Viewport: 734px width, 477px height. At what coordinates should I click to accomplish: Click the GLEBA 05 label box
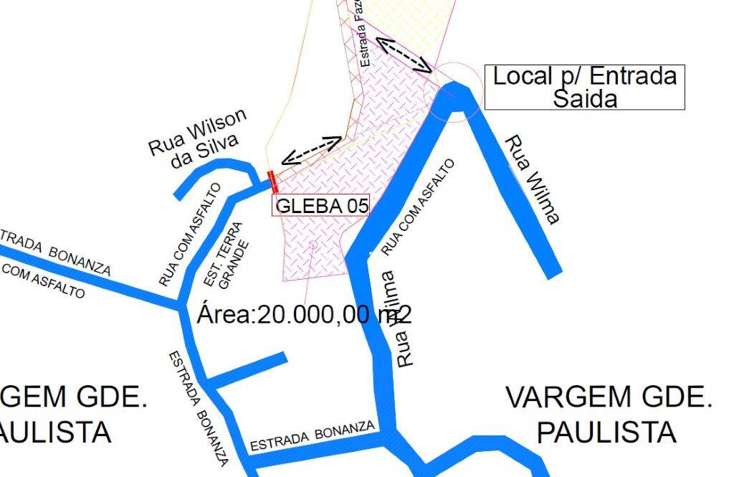(321, 206)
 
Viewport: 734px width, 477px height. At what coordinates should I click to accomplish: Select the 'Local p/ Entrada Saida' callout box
(584, 87)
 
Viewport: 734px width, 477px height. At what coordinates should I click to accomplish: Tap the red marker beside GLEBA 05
(272, 181)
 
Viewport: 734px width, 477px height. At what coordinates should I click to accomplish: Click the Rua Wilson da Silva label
(199, 138)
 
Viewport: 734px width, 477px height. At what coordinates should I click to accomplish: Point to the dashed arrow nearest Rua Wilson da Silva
(311, 150)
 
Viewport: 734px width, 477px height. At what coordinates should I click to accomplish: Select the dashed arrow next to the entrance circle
(405, 55)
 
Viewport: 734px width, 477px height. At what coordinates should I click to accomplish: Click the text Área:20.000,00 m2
(304, 314)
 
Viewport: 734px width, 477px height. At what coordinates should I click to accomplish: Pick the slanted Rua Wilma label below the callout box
(531, 180)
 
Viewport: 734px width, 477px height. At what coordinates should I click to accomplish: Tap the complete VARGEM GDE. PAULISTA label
(609, 414)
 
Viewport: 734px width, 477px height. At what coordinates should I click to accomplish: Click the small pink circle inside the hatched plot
(313, 245)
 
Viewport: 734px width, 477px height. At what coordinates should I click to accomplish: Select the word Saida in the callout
(584, 98)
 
